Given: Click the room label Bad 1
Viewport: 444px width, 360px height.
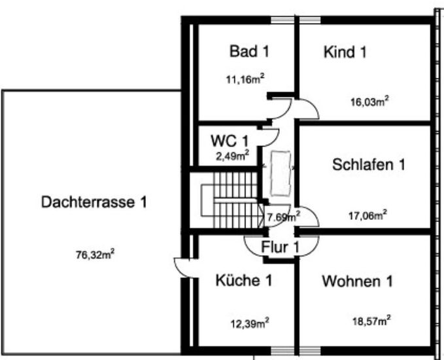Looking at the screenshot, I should tap(249, 51).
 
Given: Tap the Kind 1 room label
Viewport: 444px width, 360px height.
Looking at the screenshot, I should tap(345, 52).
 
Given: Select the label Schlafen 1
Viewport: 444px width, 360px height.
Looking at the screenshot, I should tap(369, 164).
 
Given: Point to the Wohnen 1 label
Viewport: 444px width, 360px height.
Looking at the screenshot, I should tap(357, 282).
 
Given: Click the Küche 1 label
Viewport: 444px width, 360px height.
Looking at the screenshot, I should tap(244, 281).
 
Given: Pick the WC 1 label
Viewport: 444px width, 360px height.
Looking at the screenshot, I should tap(230, 141).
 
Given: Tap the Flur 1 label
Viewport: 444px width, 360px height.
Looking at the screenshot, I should tap(280, 247).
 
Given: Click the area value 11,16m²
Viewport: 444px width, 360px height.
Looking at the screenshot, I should tap(245, 81).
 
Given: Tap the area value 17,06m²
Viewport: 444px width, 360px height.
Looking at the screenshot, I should tap(367, 214).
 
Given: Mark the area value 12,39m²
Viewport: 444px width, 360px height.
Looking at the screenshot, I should tap(249, 322).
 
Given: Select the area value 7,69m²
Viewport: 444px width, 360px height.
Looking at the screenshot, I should tap(283, 215).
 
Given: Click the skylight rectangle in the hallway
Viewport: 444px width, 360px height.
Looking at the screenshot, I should tap(281, 173).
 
